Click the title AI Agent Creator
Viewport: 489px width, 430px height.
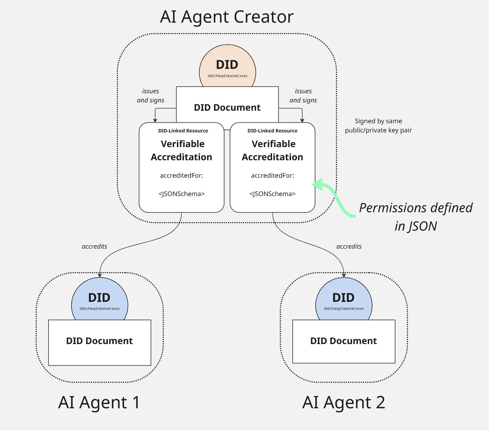227,17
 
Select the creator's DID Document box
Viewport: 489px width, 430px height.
227,107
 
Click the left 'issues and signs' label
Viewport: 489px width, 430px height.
150,96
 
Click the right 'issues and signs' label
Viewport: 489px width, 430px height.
303,96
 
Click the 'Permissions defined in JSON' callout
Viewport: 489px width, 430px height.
416,217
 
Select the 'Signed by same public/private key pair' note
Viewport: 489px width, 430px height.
378,126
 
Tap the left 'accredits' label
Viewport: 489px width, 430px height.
94,247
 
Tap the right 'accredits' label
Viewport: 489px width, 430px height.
349,247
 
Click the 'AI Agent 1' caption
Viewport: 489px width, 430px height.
99,402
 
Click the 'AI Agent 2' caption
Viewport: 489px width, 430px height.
343,402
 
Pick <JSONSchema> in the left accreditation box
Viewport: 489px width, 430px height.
181,194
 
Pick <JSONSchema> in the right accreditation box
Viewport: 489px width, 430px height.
272,194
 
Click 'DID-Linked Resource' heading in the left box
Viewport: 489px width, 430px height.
183,131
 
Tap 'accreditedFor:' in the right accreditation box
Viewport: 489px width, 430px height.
272,176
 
